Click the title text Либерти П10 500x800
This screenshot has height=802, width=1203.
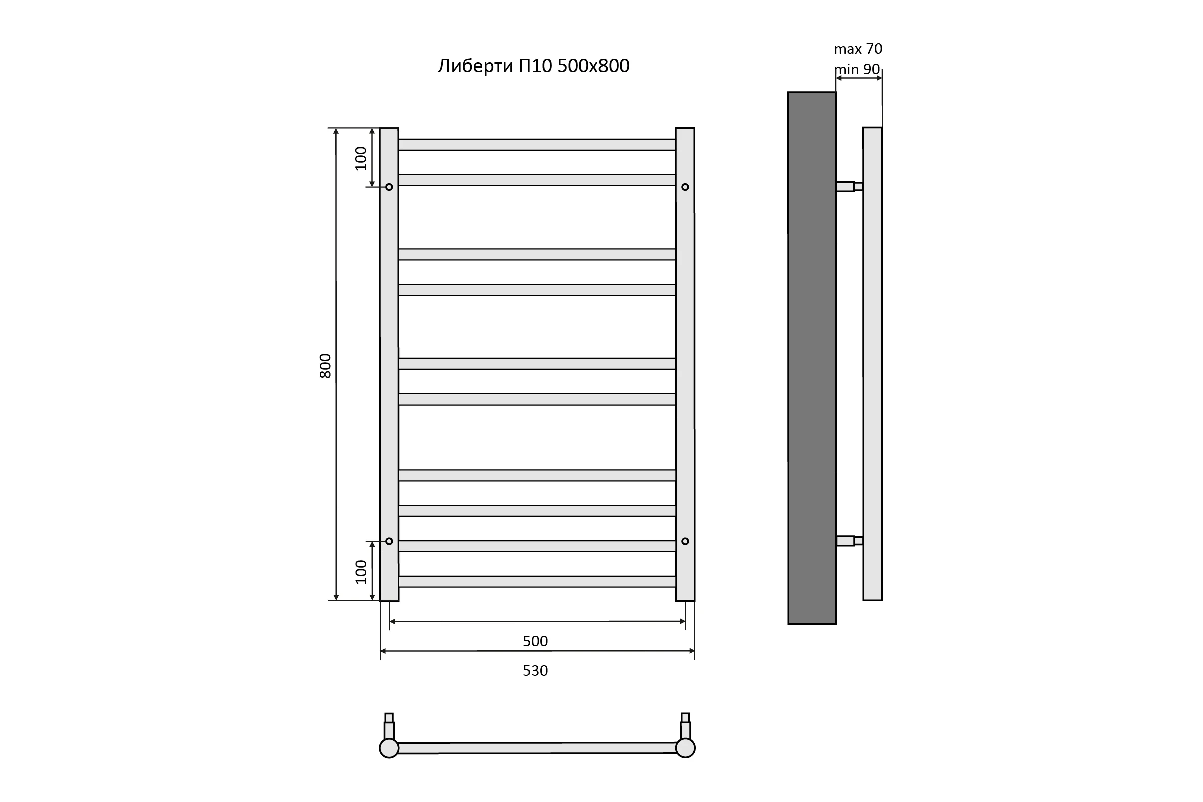[x=533, y=66]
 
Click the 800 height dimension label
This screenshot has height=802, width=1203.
[x=325, y=366]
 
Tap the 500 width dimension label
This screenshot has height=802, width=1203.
[x=535, y=641]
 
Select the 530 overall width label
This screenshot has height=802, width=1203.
[x=535, y=671]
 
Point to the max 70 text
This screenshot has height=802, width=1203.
[x=858, y=49]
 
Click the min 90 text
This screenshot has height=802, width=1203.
[x=857, y=69]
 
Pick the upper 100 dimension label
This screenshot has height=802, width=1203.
[x=361, y=158]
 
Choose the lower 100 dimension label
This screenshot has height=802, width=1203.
[x=361, y=572]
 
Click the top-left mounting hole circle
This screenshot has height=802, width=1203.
[x=389, y=187]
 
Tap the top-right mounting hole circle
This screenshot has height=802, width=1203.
[x=685, y=187]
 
